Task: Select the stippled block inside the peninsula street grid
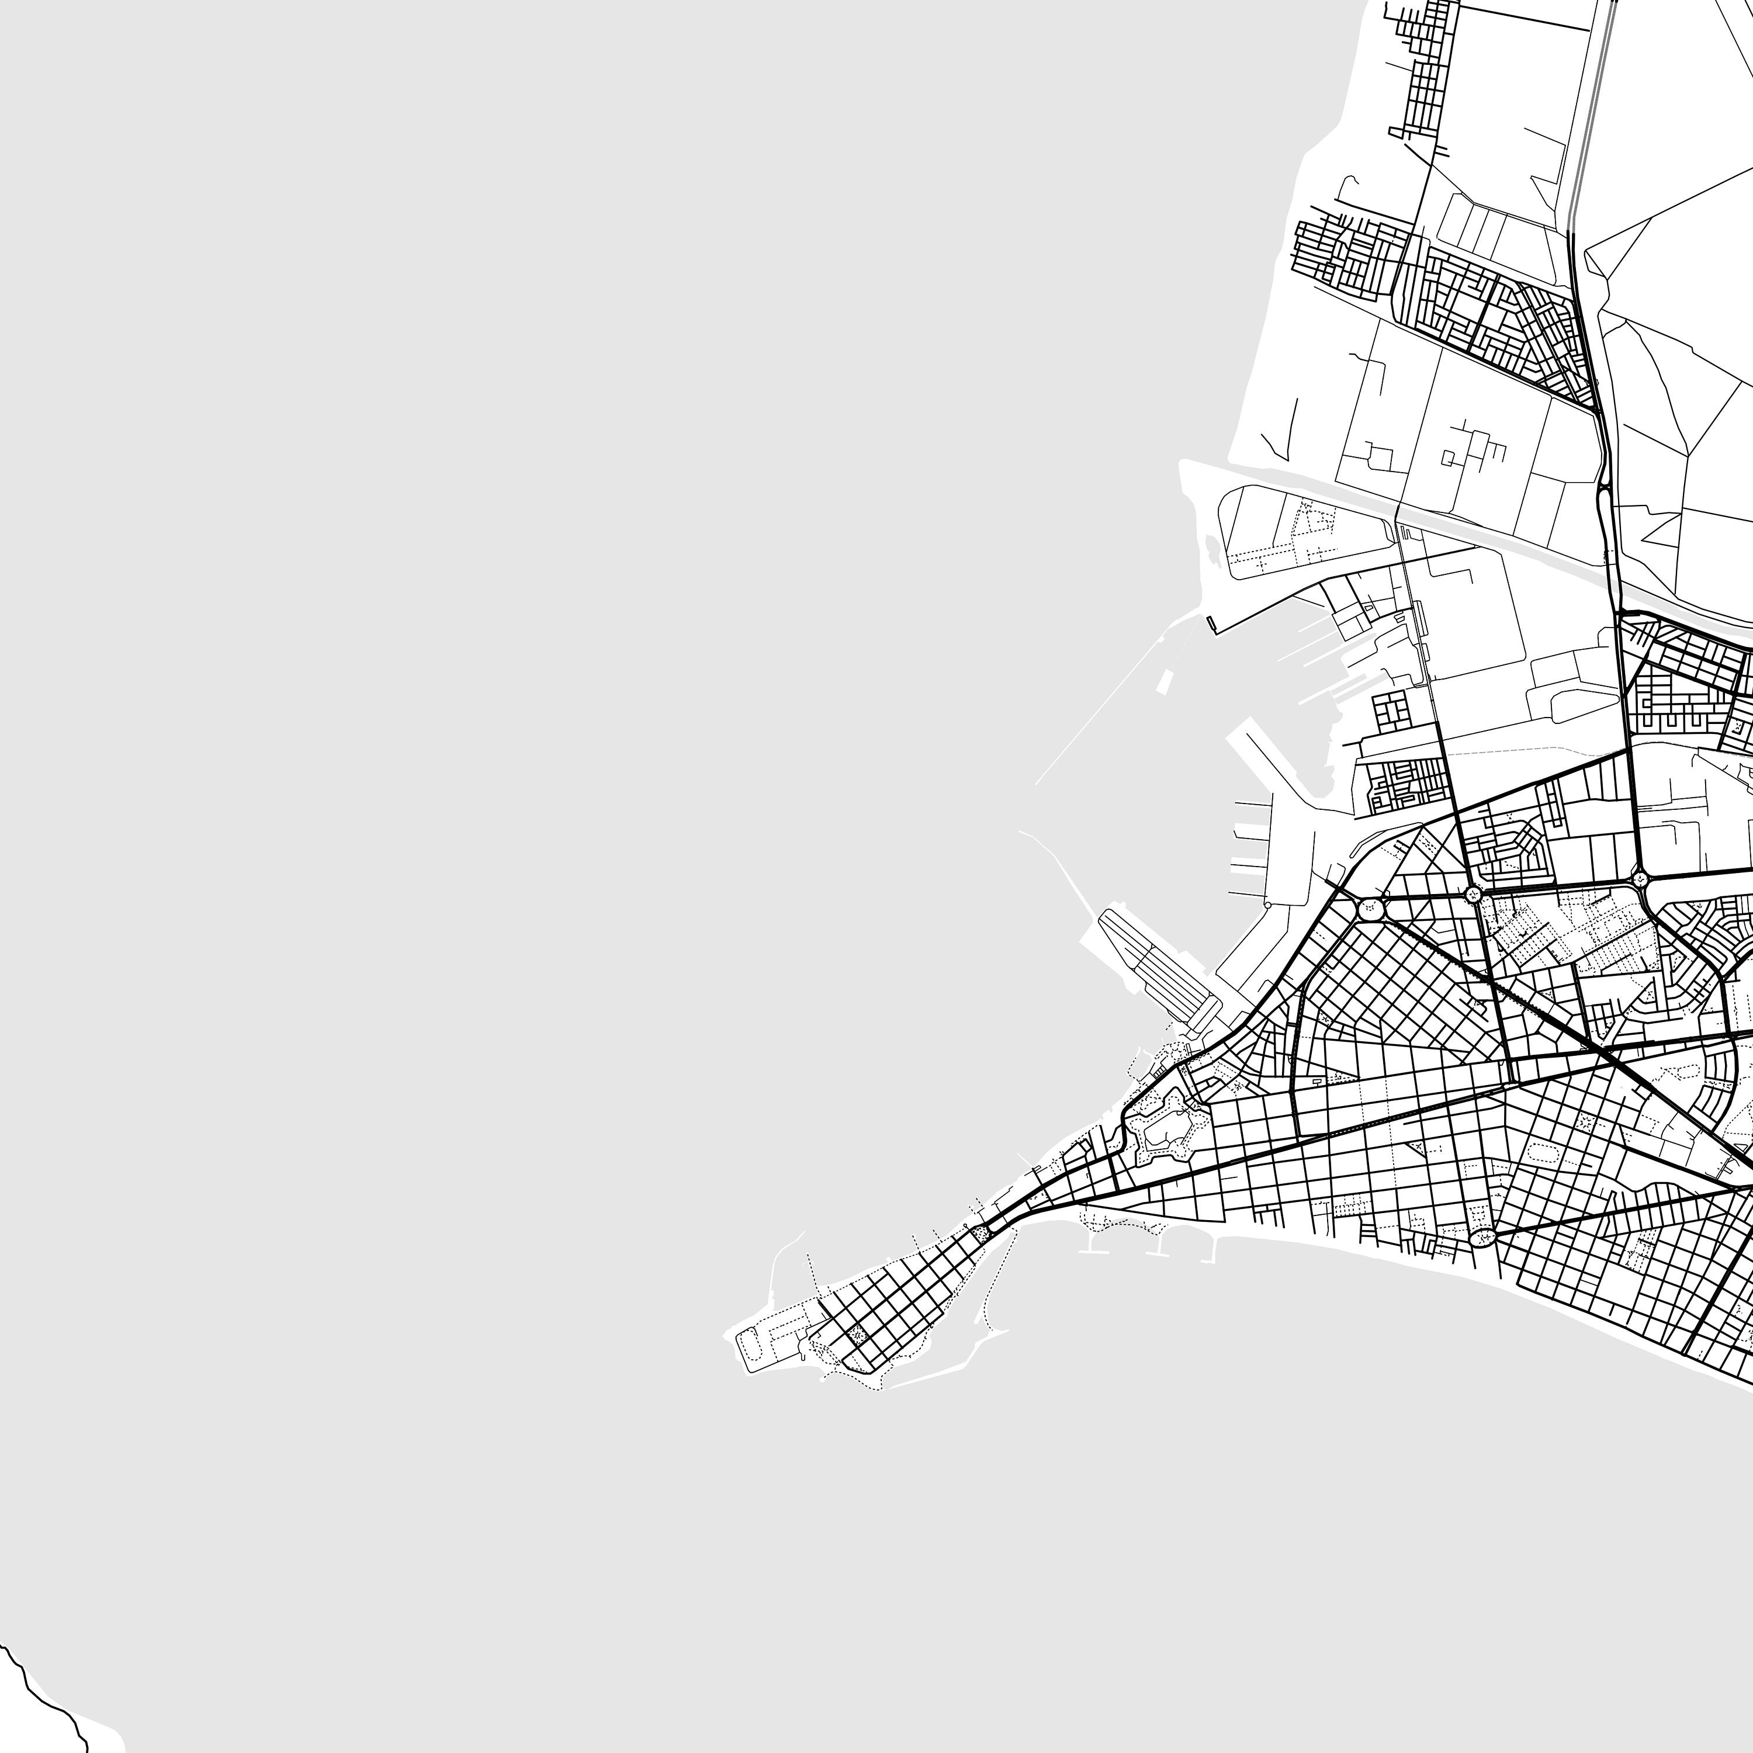coord(855,1335)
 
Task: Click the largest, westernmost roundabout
coord(1370,908)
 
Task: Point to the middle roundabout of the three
coord(1472,894)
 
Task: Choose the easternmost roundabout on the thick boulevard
coord(1640,878)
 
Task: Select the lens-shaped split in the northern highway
coord(1604,494)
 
